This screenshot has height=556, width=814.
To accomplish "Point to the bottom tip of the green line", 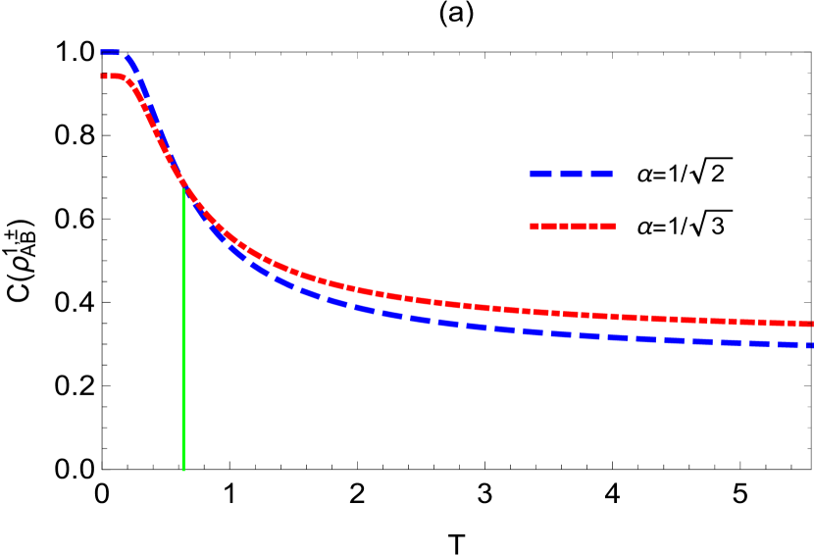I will (183, 471).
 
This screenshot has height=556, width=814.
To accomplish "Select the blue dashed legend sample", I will (571, 175).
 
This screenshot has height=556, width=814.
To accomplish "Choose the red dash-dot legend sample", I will (573, 227).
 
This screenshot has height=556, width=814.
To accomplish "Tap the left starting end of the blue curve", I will (102, 52).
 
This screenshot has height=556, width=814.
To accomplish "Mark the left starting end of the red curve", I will (102, 76).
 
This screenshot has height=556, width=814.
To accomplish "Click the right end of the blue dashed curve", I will (811, 345).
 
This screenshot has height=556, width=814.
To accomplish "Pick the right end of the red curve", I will (811, 324).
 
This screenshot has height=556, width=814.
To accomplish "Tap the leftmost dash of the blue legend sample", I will (541, 175).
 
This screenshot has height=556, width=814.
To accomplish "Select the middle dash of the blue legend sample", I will (572, 175).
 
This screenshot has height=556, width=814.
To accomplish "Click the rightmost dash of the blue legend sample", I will (602, 175).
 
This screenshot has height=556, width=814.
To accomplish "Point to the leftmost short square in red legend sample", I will (534, 227).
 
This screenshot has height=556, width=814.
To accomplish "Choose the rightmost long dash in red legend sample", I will (609, 227).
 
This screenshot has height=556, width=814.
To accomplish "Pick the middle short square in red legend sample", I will (564, 227).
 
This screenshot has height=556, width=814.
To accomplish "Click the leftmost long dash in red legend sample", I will (549, 227).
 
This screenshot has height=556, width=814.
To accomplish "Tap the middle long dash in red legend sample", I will (579, 227).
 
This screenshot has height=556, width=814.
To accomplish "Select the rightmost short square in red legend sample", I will (594, 227).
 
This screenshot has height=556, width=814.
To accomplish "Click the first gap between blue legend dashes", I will (557, 175).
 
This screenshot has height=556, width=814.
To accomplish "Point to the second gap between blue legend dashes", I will (586, 175).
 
